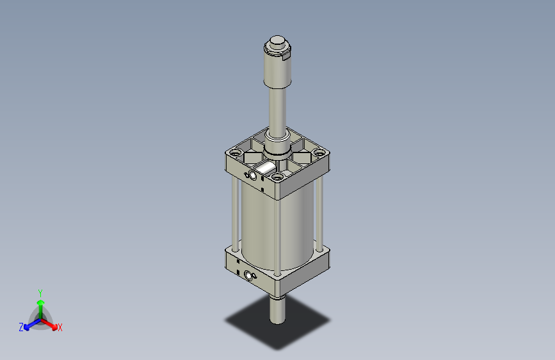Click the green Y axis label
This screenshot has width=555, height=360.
40,291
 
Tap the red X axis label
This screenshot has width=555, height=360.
60,328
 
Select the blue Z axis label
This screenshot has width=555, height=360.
21,327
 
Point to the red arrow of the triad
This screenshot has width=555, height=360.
51,323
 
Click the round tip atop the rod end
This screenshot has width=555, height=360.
278,43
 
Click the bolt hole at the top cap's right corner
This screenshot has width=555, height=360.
318,153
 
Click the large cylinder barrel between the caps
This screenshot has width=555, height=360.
275,231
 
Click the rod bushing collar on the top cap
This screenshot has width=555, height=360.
277,154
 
